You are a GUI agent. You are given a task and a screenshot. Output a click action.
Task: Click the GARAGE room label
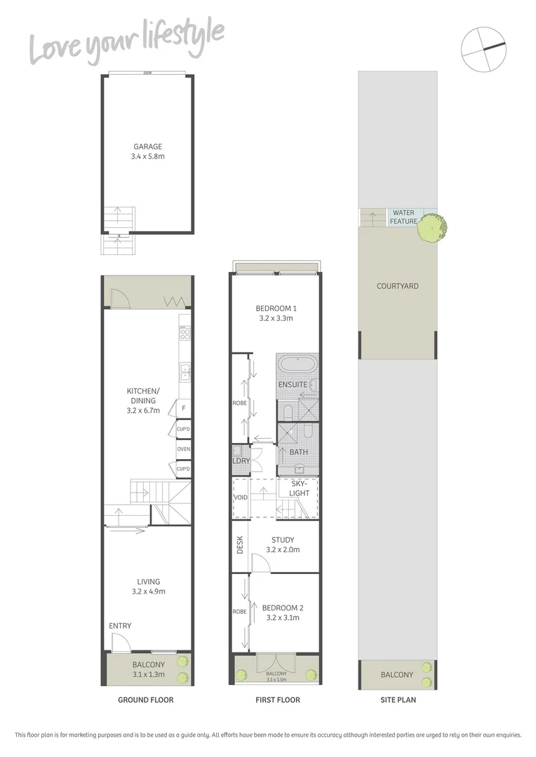coord(148,147)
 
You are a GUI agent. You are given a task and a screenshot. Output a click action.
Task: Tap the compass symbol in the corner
coord(483,48)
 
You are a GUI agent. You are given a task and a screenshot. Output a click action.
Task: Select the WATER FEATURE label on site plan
coord(403,217)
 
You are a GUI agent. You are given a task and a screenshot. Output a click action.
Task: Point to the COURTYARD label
coord(397,286)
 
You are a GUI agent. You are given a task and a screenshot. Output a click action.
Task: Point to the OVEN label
coord(184,449)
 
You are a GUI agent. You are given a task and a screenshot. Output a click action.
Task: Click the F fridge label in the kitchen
coord(184,408)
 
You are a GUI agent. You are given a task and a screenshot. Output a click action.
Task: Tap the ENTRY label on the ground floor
coord(120,626)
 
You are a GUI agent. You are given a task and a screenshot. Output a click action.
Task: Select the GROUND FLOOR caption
coord(146,700)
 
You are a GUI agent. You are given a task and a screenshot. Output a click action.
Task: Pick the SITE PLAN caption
coord(397,700)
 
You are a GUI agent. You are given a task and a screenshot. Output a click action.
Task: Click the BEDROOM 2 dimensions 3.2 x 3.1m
coord(283,618)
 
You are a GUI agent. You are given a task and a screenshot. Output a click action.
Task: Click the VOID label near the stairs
coord(241,498)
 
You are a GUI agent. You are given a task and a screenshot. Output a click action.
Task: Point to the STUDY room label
coord(283,540)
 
